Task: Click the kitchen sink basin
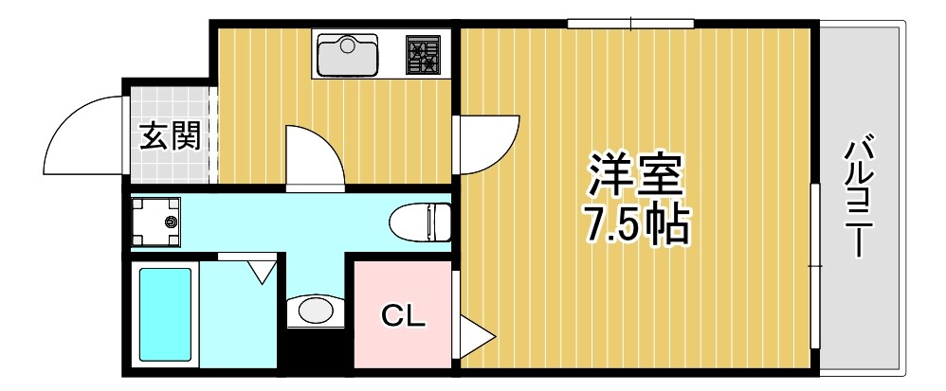[x=346, y=56]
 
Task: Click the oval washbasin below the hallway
[x=314, y=310]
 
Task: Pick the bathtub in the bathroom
[x=167, y=317]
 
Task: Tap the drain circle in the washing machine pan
[x=171, y=222]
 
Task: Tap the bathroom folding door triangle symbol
[x=261, y=271]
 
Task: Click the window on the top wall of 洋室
[x=630, y=24]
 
